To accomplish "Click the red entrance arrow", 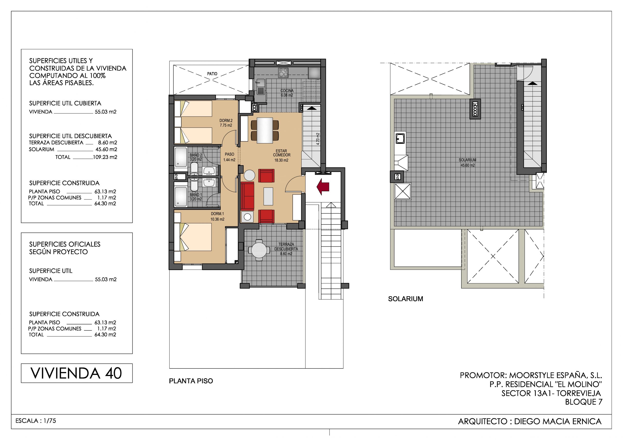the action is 323,187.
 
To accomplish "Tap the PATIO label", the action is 212,74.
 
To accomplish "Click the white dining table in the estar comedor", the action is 265,130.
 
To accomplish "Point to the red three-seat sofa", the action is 247,196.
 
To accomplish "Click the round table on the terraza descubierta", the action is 259,250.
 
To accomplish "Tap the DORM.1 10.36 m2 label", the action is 217,216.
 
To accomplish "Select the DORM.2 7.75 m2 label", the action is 226,123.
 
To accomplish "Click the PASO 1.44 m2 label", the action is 229,157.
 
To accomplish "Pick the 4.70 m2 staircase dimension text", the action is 318,139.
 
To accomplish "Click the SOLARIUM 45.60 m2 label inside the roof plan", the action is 467,162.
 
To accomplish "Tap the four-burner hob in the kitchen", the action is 283,73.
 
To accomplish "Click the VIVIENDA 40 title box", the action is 77,373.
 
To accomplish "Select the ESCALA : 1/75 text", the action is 36,421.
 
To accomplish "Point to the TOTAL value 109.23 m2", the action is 105,157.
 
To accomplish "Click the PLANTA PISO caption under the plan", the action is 191,381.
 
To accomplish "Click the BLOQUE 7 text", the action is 584,402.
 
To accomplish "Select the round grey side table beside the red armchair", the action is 249,175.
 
